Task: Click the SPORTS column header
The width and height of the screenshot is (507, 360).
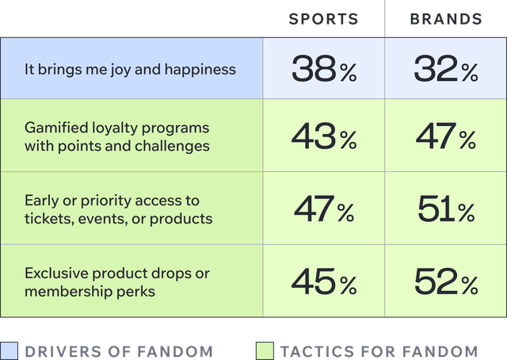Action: pyautogui.click(x=323, y=19)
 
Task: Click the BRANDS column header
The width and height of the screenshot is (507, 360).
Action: pyautogui.click(x=445, y=19)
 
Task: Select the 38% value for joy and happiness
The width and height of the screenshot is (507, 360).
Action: pyautogui.click(x=323, y=70)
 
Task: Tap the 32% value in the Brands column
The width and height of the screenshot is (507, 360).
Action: pyautogui.click(x=445, y=70)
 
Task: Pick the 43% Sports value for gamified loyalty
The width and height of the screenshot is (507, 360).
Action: pyautogui.click(x=323, y=136)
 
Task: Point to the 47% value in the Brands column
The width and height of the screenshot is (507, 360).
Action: pyautogui.click(x=445, y=136)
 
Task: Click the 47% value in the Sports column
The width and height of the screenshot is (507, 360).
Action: pyautogui.click(x=323, y=209)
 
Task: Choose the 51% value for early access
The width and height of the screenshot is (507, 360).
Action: pyautogui.click(x=445, y=209)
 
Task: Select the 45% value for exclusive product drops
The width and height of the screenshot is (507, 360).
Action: pyautogui.click(x=323, y=281)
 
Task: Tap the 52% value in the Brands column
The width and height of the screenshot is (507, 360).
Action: pyautogui.click(x=445, y=281)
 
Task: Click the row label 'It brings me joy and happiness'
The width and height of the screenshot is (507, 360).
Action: pyautogui.click(x=130, y=69)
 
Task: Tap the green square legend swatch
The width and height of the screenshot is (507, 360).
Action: pyautogui.click(x=265, y=350)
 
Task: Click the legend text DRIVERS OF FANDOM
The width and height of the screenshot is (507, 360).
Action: pyautogui.click(x=119, y=350)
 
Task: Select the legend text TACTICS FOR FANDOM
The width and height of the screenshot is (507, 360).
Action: pyautogui.click(x=379, y=350)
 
